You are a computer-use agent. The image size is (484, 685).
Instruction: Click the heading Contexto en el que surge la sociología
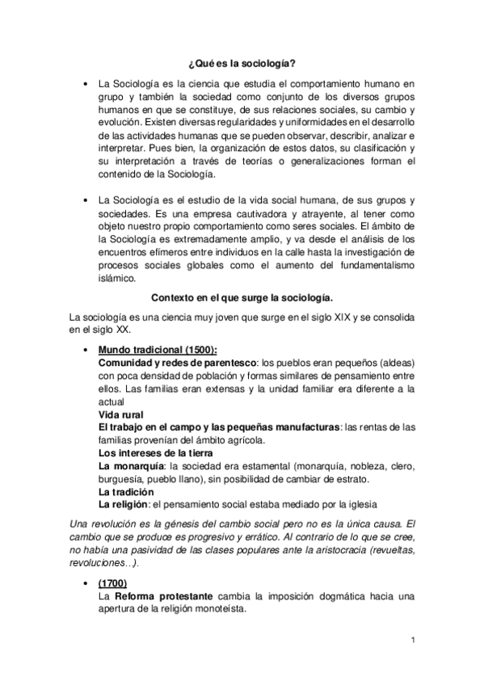[242, 296]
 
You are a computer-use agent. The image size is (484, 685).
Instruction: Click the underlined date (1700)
[112, 582]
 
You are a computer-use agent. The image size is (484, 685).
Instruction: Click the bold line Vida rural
[121, 414]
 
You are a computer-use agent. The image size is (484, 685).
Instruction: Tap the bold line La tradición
[125, 492]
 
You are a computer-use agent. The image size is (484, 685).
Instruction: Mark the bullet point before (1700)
[85, 583]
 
